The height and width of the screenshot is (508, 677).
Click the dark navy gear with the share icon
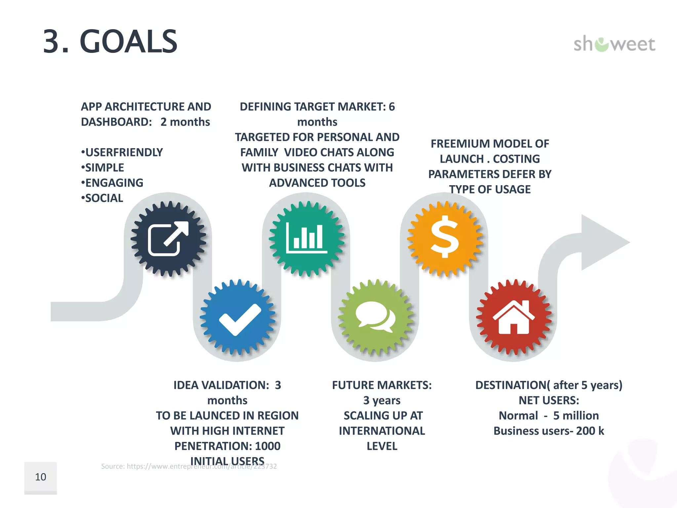[x=169, y=239]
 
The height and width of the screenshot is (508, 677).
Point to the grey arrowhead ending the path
[x=602, y=242]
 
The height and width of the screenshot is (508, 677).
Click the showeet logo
[x=614, y=44]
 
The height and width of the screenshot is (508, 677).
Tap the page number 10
[x=41, y=477]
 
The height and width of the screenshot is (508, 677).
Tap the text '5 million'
[x=576, y=416]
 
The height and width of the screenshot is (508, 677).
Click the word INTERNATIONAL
[x=382, y=431]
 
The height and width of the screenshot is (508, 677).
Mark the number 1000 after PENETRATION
[x=268, y=446]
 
